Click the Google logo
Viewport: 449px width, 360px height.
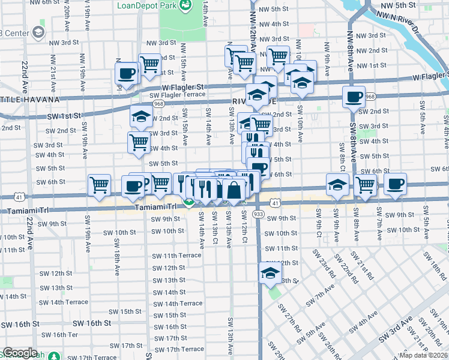point(20,353)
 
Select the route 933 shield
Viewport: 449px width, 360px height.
point(259,214)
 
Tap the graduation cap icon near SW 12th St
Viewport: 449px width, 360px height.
point(270,274)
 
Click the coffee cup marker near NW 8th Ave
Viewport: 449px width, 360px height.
point(354,97)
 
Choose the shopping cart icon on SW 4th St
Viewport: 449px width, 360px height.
point(139,143)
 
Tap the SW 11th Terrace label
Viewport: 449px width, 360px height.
point(176,256)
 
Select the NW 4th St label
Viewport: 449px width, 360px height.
point(272,24)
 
